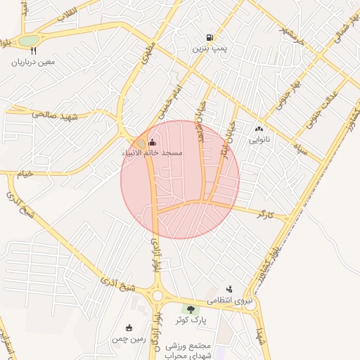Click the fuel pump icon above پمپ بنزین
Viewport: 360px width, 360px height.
click(x=210, y=38)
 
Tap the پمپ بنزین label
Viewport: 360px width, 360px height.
click(x=210, y=50)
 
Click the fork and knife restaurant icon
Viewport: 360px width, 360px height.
click(x=33, y=51)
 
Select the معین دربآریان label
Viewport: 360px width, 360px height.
click(x=33, y=62)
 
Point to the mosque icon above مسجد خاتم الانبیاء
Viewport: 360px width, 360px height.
click(x=153, y=143)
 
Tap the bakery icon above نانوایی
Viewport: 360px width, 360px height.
click(x=259, y=129)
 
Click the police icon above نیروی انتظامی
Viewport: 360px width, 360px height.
click(x=229, y=289)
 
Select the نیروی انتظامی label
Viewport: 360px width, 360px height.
click(x=229, y=300)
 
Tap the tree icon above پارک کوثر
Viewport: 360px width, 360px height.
click(x=190, y=309)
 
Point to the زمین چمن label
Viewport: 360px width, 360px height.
click(x=128, y=339)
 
